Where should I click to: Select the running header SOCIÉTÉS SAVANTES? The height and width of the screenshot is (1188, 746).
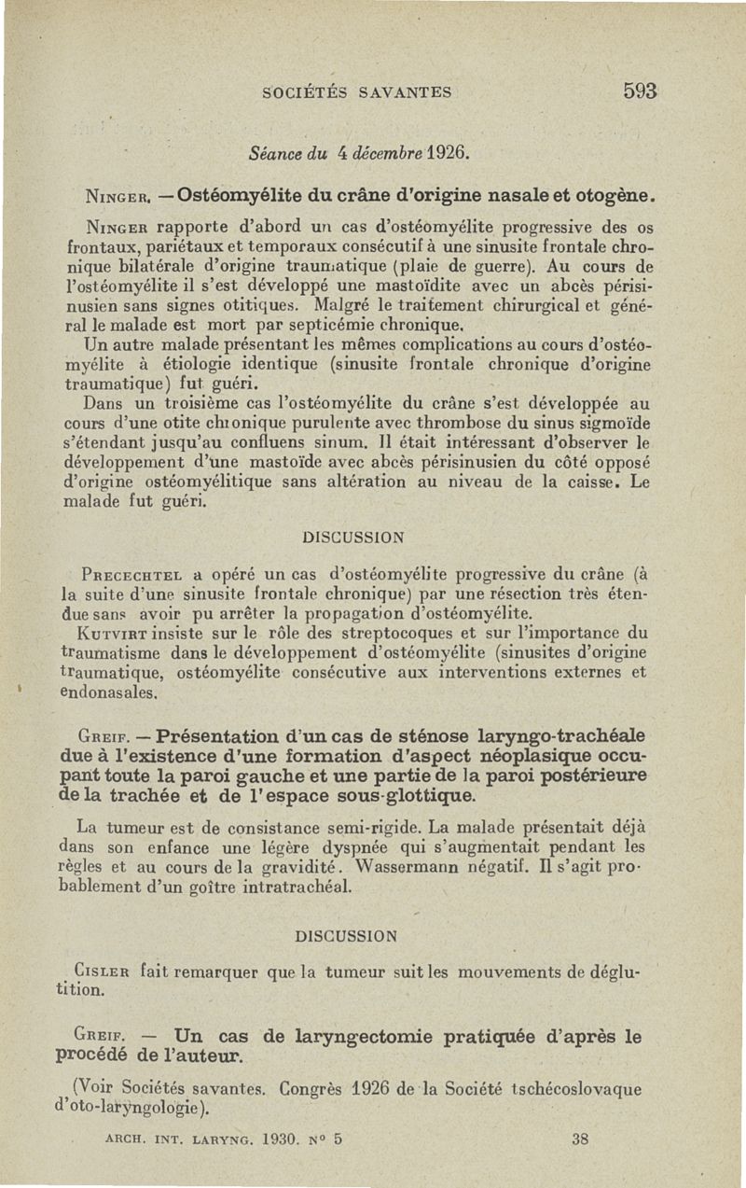click(358, 92)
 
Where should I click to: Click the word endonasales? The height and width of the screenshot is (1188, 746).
click(112, 693)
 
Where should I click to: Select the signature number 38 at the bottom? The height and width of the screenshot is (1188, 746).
click(582, 1139)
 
